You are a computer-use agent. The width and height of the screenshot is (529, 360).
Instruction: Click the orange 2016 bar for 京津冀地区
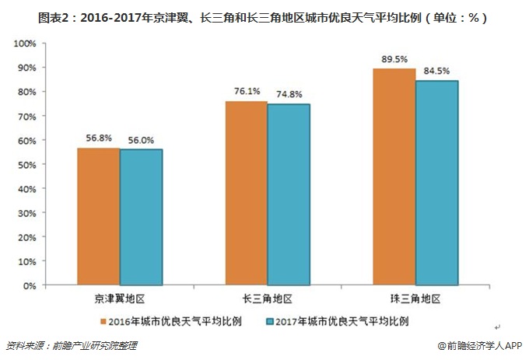(x=99, y=217)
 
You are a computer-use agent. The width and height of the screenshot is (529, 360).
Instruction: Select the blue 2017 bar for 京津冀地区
(x=142, y=218)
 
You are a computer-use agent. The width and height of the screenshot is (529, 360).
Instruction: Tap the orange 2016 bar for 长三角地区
(x=246, y=194)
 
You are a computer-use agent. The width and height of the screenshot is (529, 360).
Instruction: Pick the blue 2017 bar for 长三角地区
(x=289, y=195)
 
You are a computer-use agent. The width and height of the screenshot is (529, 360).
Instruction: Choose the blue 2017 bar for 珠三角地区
(x=436, y=183)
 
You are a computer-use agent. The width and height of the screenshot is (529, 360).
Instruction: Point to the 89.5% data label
(x=394, y=59)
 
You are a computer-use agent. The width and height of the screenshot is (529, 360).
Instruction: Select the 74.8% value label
(x=289, y=95)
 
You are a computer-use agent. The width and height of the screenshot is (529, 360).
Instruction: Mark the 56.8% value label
(x=99, y=138)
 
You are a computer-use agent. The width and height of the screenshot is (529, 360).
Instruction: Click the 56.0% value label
(x=141, y=141)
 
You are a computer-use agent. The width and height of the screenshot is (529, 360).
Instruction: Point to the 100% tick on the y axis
(x=26, y=44)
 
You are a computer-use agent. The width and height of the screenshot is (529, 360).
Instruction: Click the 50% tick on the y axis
(x=28, y=165)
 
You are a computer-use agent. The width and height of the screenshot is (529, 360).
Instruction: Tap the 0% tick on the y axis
(x=30, y=286)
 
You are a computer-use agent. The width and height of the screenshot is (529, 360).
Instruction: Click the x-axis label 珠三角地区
(x=415, y=299)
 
